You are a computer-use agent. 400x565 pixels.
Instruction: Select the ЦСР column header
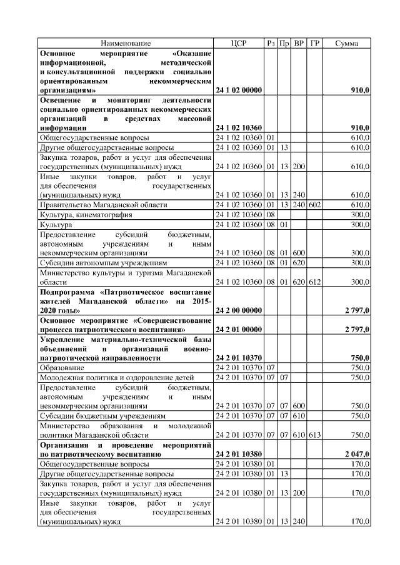[x=239, y=43]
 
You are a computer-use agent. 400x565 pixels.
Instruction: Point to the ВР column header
[x=299, y=43]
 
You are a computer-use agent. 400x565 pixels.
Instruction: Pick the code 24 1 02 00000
[x=239, y=91]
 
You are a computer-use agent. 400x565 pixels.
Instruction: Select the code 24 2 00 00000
[x=239, y=310]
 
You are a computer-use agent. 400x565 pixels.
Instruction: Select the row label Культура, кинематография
[x=86, y=214]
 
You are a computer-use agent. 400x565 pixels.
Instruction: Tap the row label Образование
[x=63, y=368]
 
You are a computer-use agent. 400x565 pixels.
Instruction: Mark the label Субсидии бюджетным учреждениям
[x=102, y=415]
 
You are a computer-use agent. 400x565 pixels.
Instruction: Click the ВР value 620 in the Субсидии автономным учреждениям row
[x=299, y=263]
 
